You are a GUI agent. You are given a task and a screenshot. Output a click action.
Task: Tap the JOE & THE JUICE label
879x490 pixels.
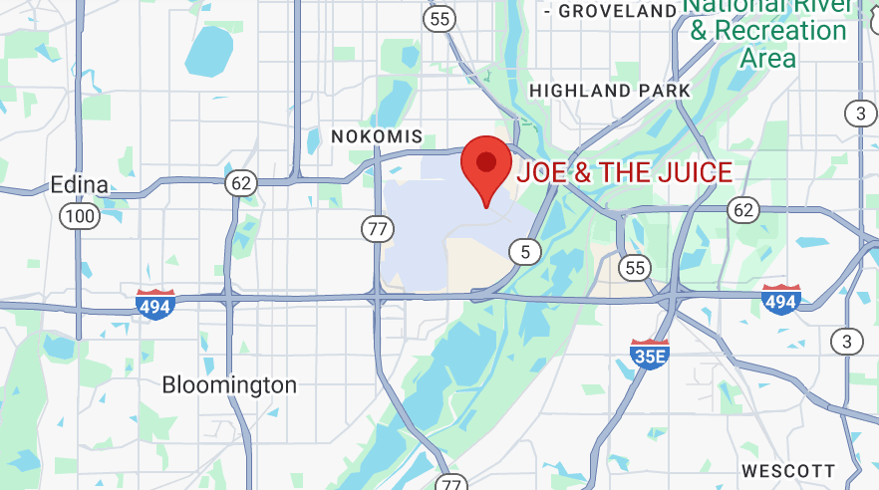point(625,172)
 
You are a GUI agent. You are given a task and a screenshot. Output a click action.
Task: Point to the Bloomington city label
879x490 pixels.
point(229,384)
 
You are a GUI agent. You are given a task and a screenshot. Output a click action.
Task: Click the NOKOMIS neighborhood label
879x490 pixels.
point(377,136)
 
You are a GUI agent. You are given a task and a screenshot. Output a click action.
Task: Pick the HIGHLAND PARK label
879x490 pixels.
point(609,91)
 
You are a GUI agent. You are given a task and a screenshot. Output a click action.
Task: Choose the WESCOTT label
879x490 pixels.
point(788,470)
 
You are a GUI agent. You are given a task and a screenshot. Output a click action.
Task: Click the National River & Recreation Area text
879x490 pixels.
point(768,31)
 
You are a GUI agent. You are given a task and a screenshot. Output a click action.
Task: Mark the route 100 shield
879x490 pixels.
point(79,215)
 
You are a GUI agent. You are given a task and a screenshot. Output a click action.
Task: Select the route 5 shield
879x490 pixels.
point(525,252)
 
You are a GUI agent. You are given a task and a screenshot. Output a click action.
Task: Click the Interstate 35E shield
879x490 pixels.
point(649,353)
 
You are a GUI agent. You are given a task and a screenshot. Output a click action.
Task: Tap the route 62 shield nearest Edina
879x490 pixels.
point(241,182)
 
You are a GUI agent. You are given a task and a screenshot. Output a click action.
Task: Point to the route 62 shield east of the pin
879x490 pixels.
point(742,209)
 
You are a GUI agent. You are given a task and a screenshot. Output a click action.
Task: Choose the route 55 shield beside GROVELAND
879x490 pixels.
point(439,18)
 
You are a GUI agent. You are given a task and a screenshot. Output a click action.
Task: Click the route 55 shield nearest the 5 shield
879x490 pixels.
point(634,266)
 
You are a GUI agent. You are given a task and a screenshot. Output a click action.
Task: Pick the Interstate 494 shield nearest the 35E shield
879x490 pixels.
point(780,299)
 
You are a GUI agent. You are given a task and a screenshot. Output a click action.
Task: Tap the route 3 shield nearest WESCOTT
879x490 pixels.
point(848,342)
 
